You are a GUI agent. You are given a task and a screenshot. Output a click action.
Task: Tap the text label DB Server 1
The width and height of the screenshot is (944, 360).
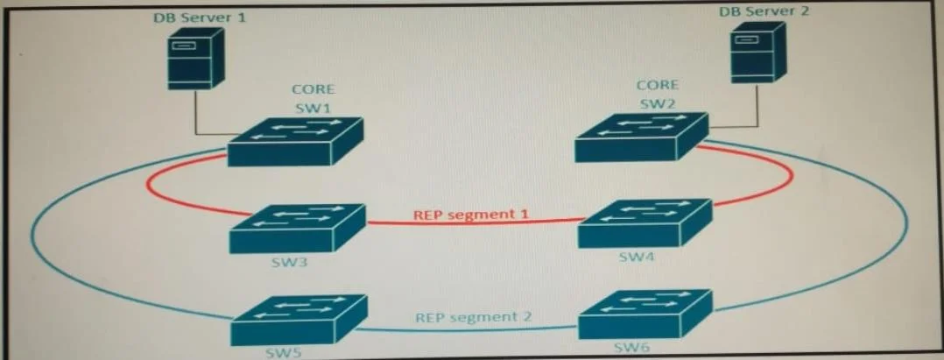coord(200,17)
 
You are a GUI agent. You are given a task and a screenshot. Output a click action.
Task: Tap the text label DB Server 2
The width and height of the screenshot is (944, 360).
coord(764,11)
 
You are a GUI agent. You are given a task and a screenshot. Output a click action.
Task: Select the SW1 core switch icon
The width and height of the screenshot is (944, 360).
coord(295,142)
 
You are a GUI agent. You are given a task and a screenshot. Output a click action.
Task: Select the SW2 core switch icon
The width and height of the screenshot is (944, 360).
coord(642,138)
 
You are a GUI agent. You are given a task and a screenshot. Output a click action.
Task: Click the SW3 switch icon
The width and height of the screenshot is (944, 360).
coord(298,229)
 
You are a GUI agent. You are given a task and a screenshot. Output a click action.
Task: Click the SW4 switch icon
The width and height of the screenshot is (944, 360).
coord(645,223)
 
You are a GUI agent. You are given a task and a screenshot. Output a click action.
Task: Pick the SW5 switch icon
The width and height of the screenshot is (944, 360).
coord(299,320)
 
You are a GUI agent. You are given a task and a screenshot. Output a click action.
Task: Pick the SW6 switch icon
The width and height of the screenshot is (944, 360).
coord(645,314)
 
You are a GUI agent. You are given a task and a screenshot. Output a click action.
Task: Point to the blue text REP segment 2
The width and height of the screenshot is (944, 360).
coord(474,317)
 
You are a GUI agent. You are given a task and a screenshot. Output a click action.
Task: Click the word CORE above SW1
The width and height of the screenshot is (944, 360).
coord(313,89)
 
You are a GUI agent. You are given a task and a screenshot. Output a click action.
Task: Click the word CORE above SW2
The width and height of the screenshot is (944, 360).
coord(658,85)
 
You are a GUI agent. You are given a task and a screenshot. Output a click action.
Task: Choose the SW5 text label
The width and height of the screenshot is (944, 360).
coord(285,352)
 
